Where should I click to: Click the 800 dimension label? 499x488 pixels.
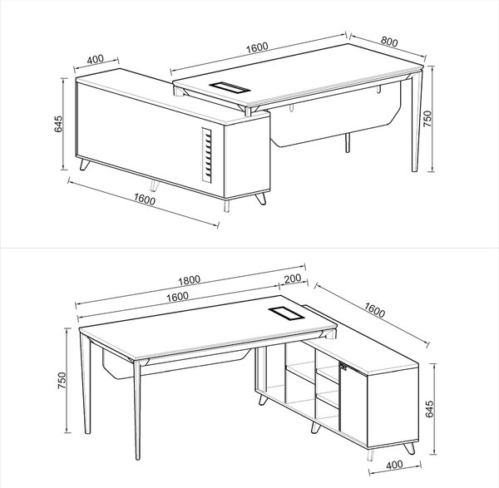point(389,42)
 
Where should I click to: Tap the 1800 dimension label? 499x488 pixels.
point(189,280)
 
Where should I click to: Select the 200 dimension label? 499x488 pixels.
point(293,279)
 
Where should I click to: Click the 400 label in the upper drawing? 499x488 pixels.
point(95,59)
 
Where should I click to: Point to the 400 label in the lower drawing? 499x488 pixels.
point(394,465)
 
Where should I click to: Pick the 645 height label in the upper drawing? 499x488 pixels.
point(58,124)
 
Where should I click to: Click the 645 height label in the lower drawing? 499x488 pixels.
point(429,409)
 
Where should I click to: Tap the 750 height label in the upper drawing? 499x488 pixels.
point(427,119)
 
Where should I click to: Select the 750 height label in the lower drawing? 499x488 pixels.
point(62,380)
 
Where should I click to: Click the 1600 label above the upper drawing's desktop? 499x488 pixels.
point(257,47)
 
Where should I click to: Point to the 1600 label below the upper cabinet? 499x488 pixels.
point(145,200)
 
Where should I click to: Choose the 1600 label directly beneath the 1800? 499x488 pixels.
point(177,297)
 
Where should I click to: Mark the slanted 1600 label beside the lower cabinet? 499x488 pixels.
point(374,310)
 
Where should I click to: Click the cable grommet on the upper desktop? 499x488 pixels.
point(230,86)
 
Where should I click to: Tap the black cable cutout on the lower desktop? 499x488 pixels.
point(286,313)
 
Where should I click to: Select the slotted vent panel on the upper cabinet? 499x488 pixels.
point(207,155)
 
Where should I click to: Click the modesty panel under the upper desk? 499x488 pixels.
point(334,121)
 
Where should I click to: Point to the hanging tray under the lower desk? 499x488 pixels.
point(175,364)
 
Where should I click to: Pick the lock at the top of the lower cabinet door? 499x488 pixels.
point(344,366)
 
